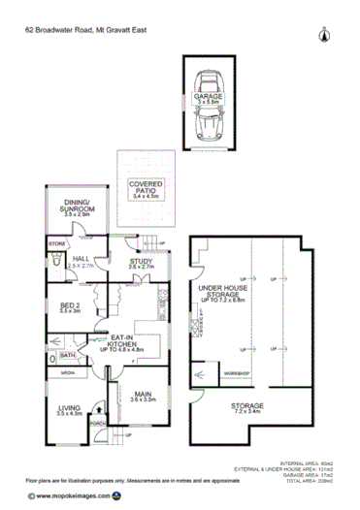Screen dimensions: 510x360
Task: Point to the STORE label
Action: [x=55, y=243]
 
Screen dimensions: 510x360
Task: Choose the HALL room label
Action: [x=81, y=261]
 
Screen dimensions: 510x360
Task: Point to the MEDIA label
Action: [x=68, y=372]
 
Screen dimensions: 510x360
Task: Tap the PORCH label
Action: [x=96, y=423]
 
